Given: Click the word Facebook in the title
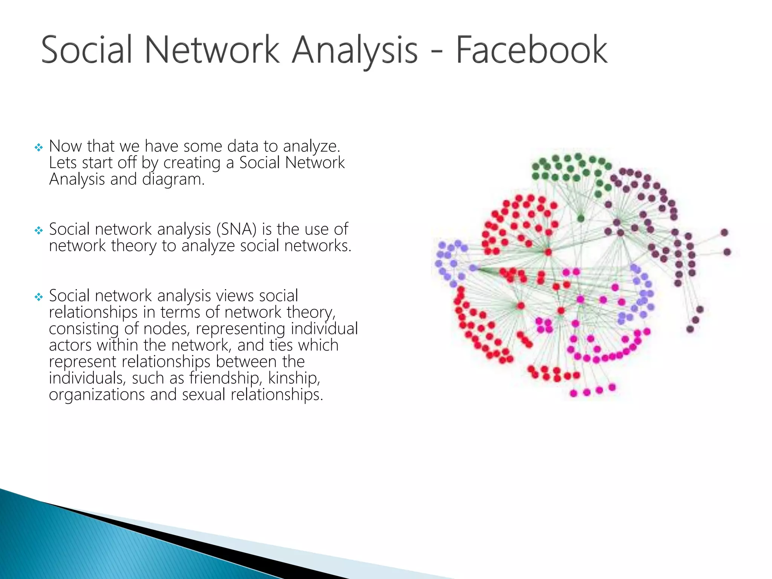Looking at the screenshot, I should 532,50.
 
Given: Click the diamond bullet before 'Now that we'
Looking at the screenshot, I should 38,147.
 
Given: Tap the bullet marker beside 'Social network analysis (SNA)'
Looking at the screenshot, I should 38,230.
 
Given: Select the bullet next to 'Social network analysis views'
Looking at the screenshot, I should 38,297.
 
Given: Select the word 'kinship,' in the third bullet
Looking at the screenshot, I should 294,378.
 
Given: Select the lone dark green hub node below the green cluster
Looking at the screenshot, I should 581,219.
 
